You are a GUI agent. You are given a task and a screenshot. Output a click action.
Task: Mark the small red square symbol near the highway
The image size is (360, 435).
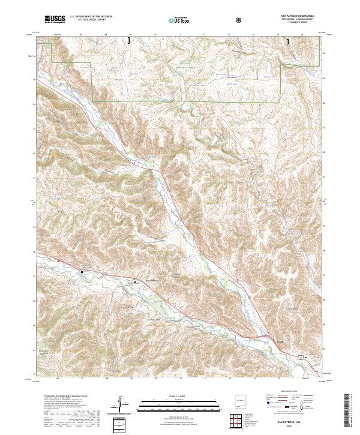(x=58, y=260)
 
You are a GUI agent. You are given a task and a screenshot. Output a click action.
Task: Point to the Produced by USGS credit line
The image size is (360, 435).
(x=62, y=397)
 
